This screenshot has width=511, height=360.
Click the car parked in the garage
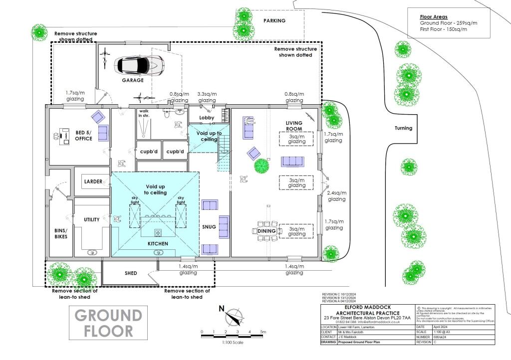click(x=139, y=65)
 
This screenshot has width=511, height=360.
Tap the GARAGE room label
click(x=133, y=80)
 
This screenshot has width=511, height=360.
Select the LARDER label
click(x=93, y=181)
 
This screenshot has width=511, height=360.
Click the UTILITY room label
click(x=92, y=219)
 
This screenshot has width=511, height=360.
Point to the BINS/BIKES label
click(x=61, y=233)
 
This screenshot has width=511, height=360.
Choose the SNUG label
click(x=210, y=227)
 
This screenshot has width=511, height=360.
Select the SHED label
click(x=131, y=273)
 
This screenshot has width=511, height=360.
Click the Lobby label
click(x=207, y=118)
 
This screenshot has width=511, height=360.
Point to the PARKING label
click(x=274, y=21)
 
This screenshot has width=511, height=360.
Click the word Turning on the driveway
click(x=403, y=128)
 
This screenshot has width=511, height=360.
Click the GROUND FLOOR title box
click(x=108, y=323)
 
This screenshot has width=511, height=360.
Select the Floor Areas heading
click(x=433, y=17)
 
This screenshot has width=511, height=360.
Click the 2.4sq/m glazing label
click(x=336, y=196)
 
